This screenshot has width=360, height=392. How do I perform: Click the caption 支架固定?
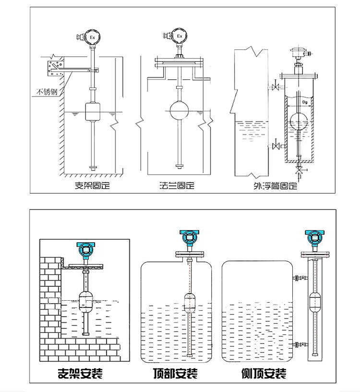pyautogui.click(x=92, y=185)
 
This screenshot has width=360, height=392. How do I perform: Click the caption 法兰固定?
pyautogui.click(x=177, y=185)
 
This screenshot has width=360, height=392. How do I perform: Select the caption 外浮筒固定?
pyautogui.click(x=276, y=186)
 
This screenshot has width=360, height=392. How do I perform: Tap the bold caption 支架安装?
pyautogui.click(x=80, y=373)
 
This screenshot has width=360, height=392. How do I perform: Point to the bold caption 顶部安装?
pyautogui.click(x=175, y=373)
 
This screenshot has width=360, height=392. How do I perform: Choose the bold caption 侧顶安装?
pyautogui.click(x=264, y=373)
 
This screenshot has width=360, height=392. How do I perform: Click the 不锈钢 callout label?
pyautogui.click(x=47, y=92)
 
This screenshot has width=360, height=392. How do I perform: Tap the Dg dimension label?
pyautogui.click(x=304, y=102)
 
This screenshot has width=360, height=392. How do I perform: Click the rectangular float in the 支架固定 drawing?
pyautogui.click(x=93, y=111)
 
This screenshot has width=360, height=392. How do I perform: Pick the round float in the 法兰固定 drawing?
pyautogui.click(x=179, y=110)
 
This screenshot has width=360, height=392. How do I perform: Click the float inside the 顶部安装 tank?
pyautogui.click(x=189, y=303)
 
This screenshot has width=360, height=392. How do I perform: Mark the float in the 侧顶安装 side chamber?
pyautogui.click(x=315, y=303)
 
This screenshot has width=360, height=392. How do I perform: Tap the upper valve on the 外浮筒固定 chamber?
pyautogui.click(x=276, y=87)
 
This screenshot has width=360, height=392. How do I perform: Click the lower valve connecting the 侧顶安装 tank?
pyautogui.click(x=303, y=344)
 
